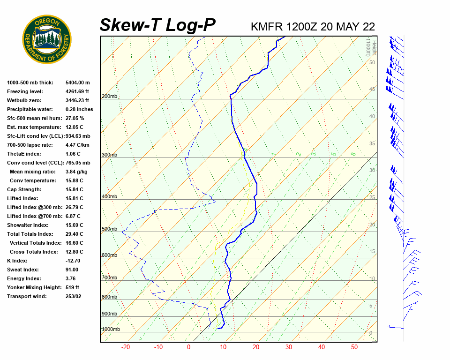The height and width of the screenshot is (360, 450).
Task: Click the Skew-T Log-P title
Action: coord(158,25)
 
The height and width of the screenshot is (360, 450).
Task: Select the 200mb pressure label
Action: coord(110,97)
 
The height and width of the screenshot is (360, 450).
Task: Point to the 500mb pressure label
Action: coord(110,229)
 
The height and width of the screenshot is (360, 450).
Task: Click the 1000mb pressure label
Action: coord(111,329)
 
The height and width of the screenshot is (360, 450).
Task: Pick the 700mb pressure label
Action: coord(110,277)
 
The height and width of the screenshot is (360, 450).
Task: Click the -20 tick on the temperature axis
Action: coord(126,347)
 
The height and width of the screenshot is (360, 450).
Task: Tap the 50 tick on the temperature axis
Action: coord(354,347)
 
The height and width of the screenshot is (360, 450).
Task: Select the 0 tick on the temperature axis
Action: coord(188,347)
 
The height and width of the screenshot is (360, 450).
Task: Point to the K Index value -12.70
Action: coord(73,261)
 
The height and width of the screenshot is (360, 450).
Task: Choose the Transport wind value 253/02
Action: coord(73,296)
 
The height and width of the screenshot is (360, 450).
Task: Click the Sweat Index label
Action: coord(23,270)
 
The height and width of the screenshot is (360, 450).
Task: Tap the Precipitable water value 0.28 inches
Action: coord(80,109)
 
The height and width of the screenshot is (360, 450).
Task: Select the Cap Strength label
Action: coord(24,189)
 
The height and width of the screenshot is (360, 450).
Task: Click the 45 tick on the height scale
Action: coord(372,89)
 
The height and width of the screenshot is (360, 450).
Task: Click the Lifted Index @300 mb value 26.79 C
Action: coord(75,207)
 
